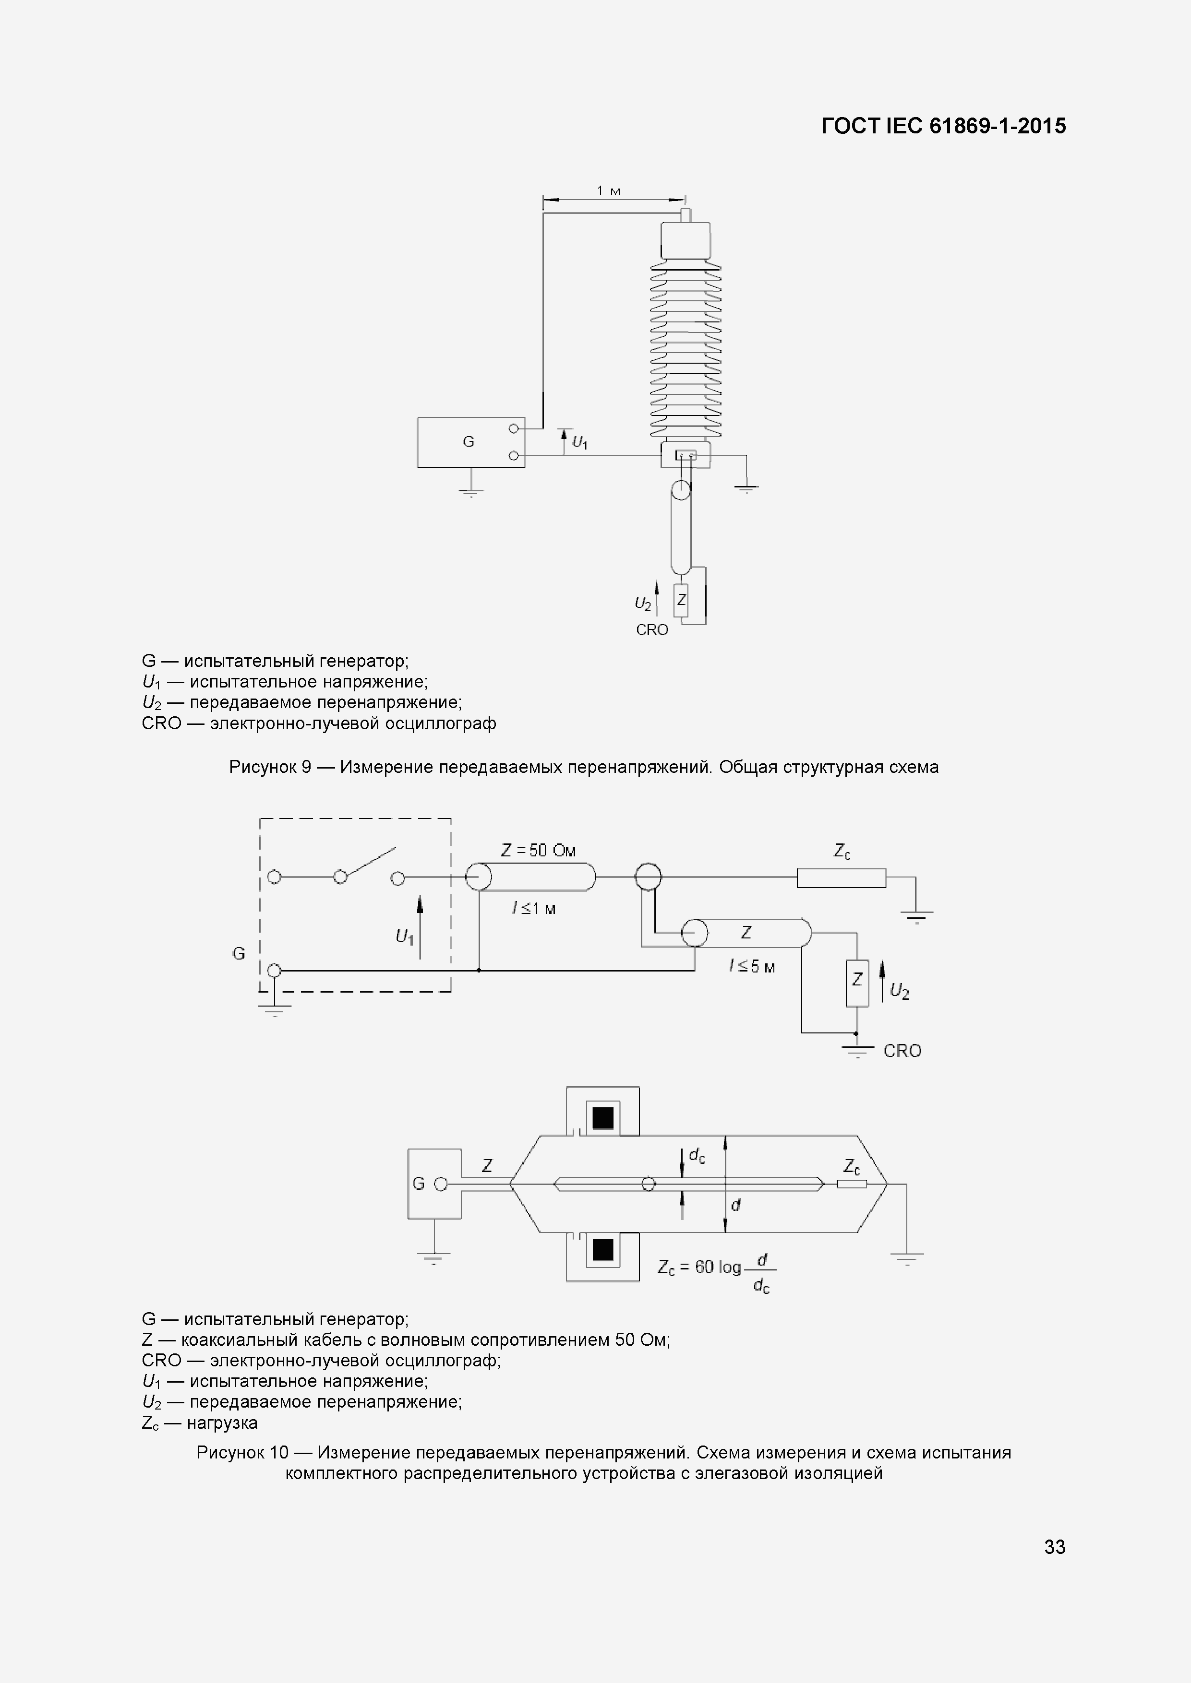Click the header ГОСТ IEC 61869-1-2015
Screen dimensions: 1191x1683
pos(943,126)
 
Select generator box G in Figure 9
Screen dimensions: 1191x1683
pos(470,442)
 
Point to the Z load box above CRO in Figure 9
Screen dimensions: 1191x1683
pos(681,600)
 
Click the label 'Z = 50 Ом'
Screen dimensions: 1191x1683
pos(538,850)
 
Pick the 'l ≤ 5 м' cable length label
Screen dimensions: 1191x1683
pos(752,967)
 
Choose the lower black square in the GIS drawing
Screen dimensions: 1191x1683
pos(603,1249)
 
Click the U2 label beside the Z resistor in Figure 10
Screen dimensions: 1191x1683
pos(899,992)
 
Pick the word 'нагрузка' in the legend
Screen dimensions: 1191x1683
pos(222,1423)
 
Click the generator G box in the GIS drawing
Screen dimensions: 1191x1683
pos(433,1184)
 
